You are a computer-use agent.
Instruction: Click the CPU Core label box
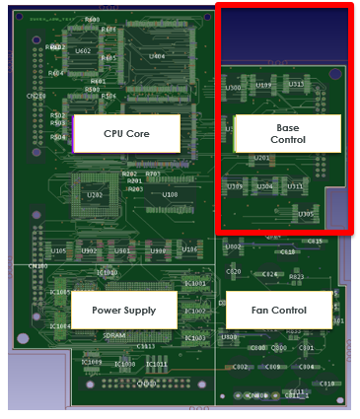(x=126, y=133)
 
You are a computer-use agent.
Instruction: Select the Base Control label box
(x=287, y=133)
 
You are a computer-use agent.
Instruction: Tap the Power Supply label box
(x=123, y=310)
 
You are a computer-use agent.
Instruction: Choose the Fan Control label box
(x=280, y=310)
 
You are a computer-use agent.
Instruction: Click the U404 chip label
(x=157, y=57)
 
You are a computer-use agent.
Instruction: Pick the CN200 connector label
(x=36, y=96)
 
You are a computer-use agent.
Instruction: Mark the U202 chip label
(x=95, y=195)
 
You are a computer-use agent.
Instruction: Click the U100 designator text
(x=170, y=195)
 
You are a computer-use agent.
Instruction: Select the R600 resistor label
(x=93, y=20)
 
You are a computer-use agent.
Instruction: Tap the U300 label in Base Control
(x=234, y=88)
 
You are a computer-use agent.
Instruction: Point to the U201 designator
(x=261, y=158)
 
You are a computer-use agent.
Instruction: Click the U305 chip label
(x=307, y=214)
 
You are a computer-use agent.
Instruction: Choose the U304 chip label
(x=265, y=185)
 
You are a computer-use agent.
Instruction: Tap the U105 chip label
(x=59, y=251)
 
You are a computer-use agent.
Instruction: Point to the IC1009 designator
(x=92, y=363)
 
